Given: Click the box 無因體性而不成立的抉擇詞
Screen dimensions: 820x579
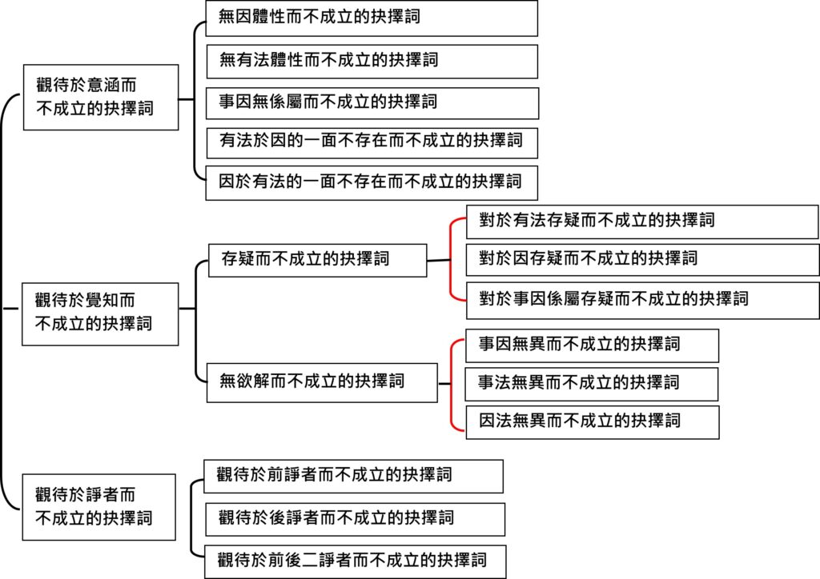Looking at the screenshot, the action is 372,18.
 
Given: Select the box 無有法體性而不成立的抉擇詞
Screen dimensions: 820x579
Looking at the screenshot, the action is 372,62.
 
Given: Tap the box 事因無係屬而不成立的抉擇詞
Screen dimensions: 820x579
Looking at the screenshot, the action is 372,103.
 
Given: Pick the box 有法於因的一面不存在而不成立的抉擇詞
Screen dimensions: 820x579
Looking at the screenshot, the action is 372,143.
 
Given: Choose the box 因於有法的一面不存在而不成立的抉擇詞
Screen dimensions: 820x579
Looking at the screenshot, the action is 372,183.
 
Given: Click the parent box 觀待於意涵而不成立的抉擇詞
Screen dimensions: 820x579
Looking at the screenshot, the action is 101,98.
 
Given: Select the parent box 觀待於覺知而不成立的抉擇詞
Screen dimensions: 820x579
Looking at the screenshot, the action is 100,314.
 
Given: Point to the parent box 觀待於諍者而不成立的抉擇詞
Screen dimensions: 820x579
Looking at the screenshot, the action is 98,507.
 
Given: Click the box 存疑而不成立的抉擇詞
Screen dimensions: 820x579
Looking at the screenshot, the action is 317,261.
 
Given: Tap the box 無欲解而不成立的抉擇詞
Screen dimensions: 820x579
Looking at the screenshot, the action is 322,383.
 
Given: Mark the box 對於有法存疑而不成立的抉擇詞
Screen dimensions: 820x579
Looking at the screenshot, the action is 642,222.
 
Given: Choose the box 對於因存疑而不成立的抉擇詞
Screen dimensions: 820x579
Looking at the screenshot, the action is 643,260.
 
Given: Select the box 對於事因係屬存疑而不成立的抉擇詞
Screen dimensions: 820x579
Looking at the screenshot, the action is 643,301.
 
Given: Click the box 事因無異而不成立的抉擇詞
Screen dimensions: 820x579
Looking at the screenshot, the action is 592,345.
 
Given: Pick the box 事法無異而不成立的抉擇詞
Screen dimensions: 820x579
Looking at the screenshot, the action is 592,384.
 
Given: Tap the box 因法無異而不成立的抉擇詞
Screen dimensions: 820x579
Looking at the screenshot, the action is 593,422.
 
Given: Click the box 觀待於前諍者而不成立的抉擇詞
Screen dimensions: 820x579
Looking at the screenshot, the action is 353,476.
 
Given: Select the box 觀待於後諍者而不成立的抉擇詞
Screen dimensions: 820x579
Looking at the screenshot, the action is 355,520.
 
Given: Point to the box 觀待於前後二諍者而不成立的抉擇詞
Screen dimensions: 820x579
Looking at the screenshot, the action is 356,561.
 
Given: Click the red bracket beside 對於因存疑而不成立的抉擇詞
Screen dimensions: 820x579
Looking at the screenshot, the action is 451,259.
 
